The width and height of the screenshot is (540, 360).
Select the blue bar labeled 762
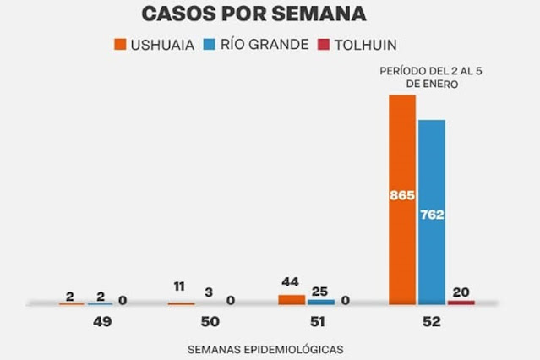[x=431, y=211]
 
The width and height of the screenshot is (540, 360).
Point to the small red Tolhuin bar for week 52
[x=461, y=302]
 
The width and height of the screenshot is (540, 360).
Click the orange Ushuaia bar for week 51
[x=292, y=299]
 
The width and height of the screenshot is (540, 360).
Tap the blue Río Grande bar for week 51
[x=321, y=301]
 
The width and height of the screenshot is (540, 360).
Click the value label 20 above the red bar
[x=461, y=292]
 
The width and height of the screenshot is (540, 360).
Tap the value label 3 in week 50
[x=209, y=292]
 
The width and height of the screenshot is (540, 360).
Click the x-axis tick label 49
[x=102, y=322]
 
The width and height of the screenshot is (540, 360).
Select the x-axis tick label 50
[x=210, y=322]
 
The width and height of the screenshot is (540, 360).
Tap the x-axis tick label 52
[x=432, y=322]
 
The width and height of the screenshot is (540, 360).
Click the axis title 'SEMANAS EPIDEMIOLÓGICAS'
[x=266, y=348]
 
